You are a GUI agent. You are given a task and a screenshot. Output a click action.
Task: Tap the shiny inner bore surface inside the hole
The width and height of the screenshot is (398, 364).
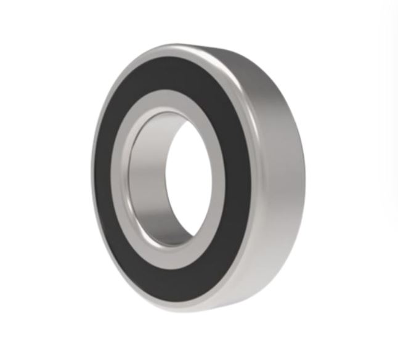(151, 179)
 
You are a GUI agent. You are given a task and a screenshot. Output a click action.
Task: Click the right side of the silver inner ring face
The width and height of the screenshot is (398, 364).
(215, 179)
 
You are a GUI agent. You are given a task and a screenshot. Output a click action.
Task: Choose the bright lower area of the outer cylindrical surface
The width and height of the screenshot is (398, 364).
(271, 259)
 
